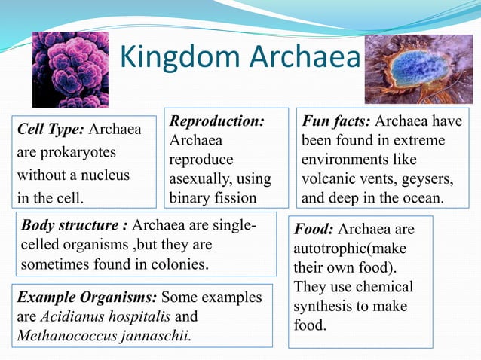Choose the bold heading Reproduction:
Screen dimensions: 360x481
coord(217,121)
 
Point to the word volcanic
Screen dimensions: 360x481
coord(329,179)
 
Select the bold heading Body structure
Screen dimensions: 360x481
coord(75,225)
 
